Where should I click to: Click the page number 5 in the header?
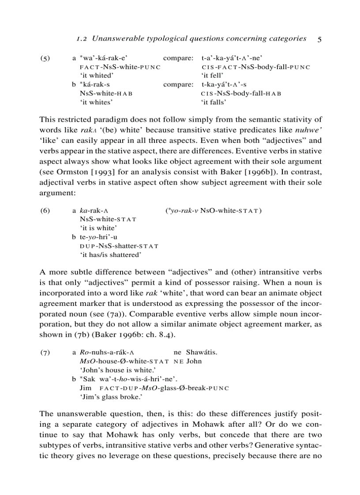tap(319, 39)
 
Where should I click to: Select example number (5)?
tap(45, 58)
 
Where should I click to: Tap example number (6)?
tap(45, 210)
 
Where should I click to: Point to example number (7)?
tap(45, 352)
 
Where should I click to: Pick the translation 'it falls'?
tap(214, 102)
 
